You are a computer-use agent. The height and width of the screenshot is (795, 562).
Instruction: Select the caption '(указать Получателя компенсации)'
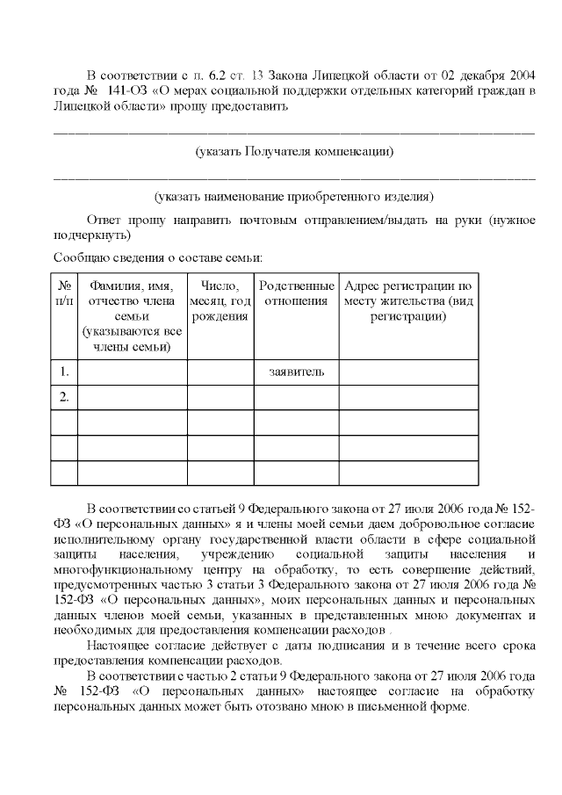[293, 151]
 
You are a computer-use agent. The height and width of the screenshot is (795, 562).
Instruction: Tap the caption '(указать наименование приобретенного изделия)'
[293, 195]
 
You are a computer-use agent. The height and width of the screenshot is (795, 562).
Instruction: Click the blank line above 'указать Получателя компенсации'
[293, 133]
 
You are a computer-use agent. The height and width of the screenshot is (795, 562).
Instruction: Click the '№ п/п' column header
[64, 293]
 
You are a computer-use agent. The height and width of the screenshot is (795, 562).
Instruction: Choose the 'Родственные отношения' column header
[296, 293]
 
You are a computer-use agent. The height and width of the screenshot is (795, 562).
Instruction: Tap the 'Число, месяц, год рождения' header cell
[220, 301]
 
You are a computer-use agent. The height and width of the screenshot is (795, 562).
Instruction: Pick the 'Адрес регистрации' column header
[408, 301]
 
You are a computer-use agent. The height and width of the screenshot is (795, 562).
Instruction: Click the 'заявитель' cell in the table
[296, 372]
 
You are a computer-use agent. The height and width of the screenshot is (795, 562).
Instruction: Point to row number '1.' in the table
[64, 372]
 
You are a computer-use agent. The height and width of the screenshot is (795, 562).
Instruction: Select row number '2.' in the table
[64, 397]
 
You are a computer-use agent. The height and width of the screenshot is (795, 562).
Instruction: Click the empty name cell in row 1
[132, 372]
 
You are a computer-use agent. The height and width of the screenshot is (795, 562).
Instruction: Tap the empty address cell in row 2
[408, 397]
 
